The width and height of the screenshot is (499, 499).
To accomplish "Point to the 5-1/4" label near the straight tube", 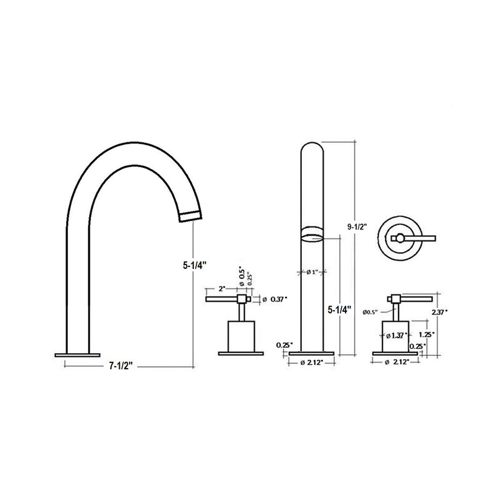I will (339, 309).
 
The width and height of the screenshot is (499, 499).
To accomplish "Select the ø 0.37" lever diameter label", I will (274, 300).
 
